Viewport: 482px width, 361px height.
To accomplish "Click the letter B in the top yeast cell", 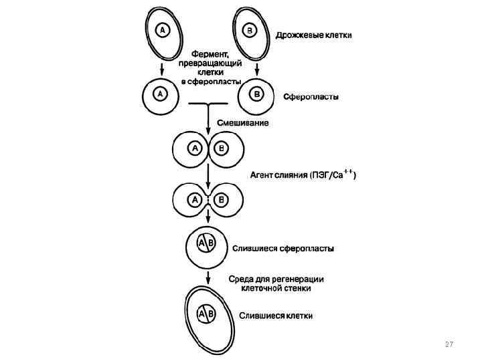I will coord(249,30).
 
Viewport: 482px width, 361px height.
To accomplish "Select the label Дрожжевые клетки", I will coord(314,34).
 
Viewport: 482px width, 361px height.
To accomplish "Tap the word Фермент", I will coord(211,51).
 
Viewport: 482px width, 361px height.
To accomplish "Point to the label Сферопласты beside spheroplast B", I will coord(311,97).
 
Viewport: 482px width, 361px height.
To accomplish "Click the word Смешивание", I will coord(242,123).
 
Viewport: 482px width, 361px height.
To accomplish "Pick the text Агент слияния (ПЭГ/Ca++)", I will coord(303,176).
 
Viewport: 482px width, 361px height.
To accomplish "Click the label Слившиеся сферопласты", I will coord(283,249).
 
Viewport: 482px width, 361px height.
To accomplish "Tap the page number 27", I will coord(449,344).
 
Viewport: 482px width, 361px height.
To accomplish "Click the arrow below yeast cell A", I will coord(161,69).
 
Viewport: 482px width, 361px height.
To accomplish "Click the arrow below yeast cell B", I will coord(257,69).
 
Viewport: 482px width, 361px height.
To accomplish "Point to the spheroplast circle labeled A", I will coord(161,94).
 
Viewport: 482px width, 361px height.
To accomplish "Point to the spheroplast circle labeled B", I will coord(257,95).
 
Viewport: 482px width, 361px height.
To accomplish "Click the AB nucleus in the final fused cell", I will coord(206,313).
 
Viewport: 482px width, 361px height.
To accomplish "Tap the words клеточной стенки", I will coord(276,288).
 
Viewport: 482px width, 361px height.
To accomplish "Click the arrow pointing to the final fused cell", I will coord(208,277).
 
